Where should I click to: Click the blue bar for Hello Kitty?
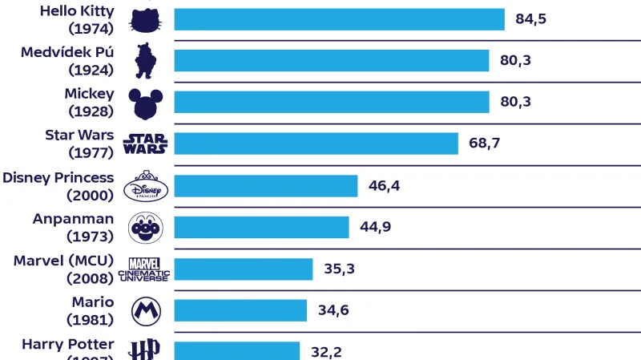coord(339,19)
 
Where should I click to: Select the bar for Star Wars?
coord(316,144)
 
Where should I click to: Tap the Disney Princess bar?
coord(265,186)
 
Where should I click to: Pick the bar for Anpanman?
coord(261,228)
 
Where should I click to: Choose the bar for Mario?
coord(240,310)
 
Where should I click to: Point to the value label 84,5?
coord(531,19)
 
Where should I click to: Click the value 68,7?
coord(485,144)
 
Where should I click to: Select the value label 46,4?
coord(384,186)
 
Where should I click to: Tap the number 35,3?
coord(339,269)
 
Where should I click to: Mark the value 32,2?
coord(326,351)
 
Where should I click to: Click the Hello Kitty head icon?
coord(145,19)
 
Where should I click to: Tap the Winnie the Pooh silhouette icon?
coord(144,60)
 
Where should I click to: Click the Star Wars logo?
coord(145,144)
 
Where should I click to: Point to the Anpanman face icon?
coord(145,228)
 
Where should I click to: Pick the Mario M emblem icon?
coord(145,310)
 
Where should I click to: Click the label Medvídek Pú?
coord(67,52)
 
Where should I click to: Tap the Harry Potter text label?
coord(67,345)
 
